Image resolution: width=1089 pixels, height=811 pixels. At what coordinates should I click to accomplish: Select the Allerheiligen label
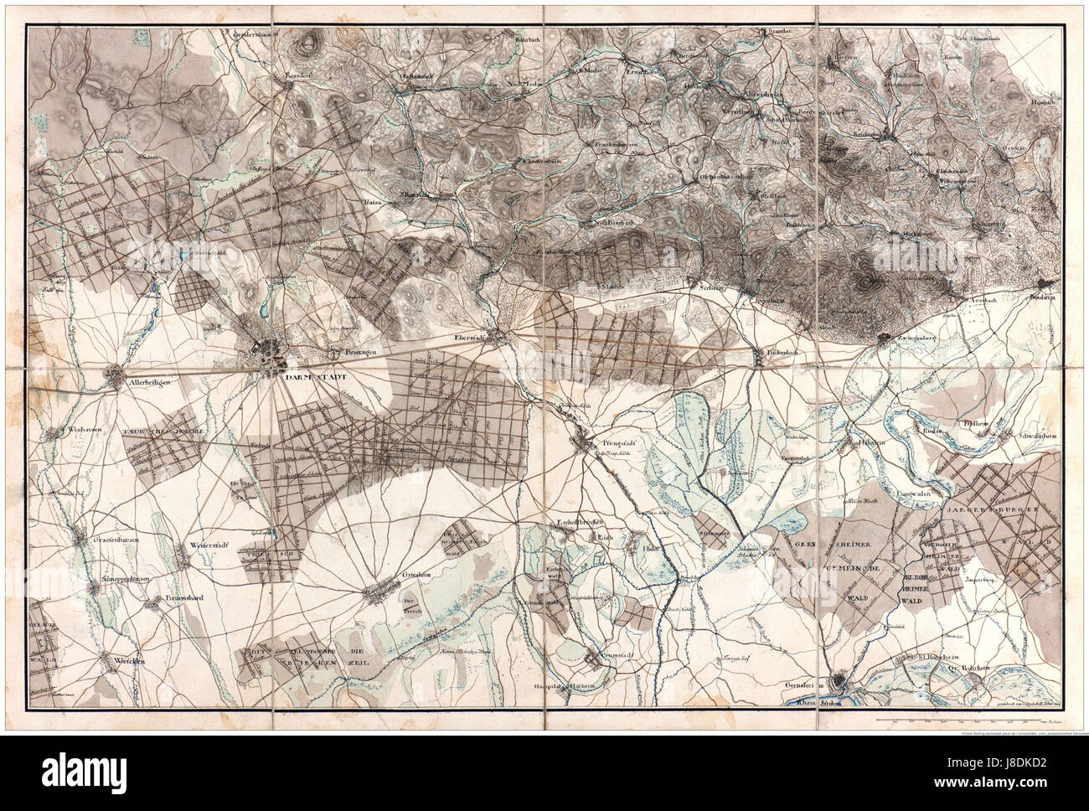coord(148,382)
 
